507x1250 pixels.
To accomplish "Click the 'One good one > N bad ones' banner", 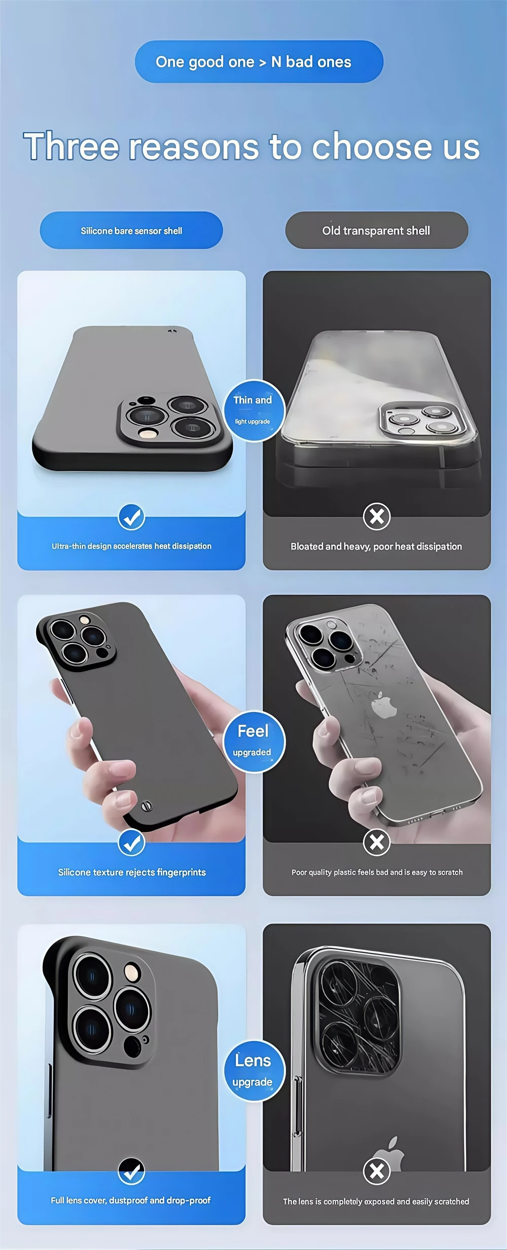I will tap(259, 62).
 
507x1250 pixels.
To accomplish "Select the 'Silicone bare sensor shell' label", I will tap(131, 231).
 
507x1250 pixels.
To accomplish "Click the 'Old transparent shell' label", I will tap(376, 231).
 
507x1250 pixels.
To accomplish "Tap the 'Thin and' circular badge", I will tap(253, 410).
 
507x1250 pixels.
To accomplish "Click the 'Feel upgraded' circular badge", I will tap(253, 742).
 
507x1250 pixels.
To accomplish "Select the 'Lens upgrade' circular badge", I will tap(253, 1071).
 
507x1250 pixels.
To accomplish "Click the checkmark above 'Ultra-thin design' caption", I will tap(131, 517).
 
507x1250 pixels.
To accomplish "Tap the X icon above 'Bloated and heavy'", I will tap(377, 517).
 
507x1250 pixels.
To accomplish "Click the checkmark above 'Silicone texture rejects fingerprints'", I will tap(131, 843).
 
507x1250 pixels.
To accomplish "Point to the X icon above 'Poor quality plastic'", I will tap(377, 842).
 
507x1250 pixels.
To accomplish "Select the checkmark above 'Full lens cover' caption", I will tap(131, 1171).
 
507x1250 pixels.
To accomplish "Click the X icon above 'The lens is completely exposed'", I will tap(377, 1171).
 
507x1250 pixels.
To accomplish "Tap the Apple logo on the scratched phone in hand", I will tap(384, 706).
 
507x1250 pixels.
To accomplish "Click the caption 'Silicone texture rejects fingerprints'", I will tap(132, 872).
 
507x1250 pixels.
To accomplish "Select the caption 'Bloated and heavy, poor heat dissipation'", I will tap(376, 546).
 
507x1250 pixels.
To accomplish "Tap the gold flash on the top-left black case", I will tap(149, 433).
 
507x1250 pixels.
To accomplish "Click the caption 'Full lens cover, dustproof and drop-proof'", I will tap(131, 1200).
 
